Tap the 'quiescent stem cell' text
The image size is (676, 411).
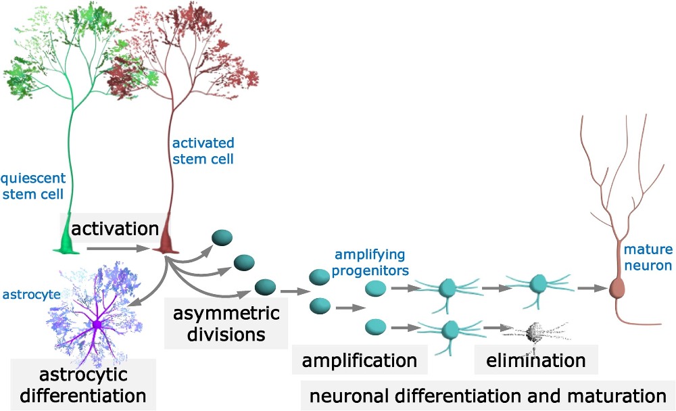32,187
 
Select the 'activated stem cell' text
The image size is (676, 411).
203,151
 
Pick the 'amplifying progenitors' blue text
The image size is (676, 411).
370,263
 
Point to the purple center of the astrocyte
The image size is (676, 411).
97,325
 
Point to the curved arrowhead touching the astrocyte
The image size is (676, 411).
130,306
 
